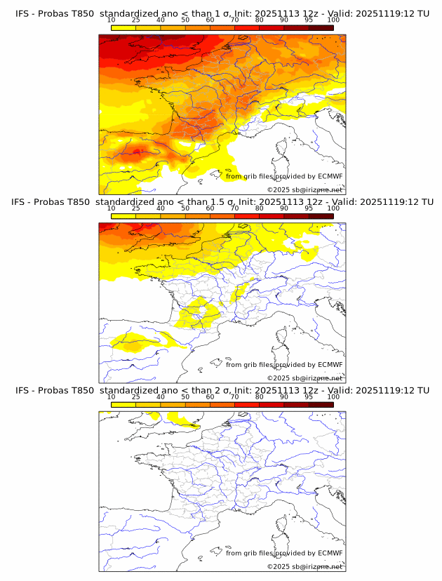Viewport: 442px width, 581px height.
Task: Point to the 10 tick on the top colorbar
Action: (x=112, y=20)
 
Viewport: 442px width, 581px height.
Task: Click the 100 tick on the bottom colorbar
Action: (x=333, y=396)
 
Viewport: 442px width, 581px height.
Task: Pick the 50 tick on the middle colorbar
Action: (x=185, y=208)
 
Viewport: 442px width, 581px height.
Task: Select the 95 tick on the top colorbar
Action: (x=309, y=20)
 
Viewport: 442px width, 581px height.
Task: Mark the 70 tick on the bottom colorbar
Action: (x=235, y=396)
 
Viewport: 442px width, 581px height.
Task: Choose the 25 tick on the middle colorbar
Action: (x=136, y=208)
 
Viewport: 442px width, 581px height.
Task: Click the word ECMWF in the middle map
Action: (x=330, y=365)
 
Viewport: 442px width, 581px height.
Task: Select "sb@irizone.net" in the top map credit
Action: (x=317, y=190)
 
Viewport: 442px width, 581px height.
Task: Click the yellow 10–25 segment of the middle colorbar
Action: (x=123, y=216)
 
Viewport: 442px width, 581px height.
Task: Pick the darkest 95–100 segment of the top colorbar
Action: (x=321, y=28)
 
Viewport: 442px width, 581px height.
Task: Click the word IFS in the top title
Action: (x=23, y=14)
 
